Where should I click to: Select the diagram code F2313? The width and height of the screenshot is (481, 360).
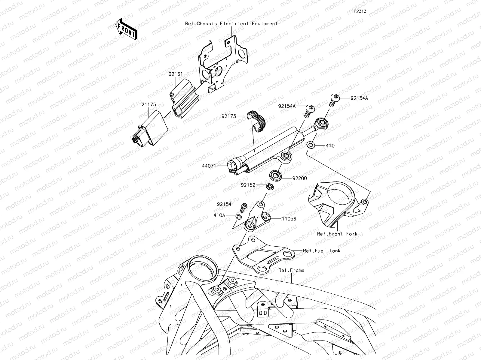[360, 11]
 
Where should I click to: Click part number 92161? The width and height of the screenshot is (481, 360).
[175, 74]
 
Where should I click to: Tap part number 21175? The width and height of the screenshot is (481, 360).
[149, 104]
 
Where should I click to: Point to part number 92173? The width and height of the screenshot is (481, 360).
[229, 116]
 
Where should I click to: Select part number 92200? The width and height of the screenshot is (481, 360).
[299, 178]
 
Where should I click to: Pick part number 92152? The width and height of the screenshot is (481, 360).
[248, 185]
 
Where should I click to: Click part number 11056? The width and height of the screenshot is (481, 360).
[289, 219]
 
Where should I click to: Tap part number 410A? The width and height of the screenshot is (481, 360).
[219, 215]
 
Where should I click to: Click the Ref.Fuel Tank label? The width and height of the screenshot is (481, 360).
[322, 250]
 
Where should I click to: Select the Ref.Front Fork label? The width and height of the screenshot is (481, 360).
[337, 234]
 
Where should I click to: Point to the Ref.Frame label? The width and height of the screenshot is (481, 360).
[291, 270]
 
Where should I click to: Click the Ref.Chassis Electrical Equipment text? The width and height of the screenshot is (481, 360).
[231, 23]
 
